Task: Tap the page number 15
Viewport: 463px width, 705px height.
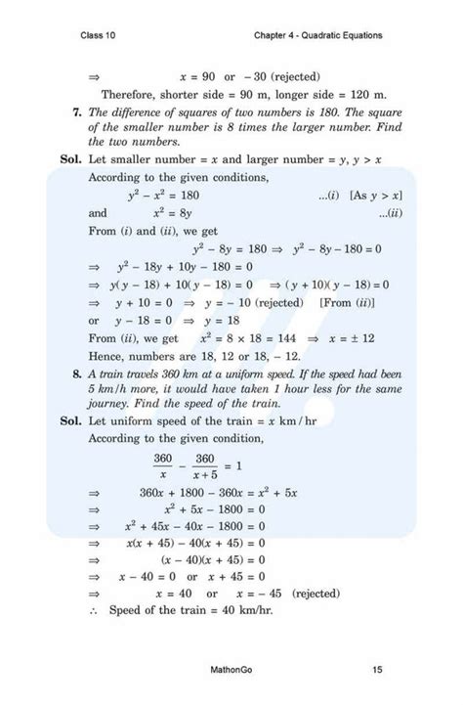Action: click(x=377, y=670)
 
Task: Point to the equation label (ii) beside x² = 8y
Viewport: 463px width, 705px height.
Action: click(x=387, y=213)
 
